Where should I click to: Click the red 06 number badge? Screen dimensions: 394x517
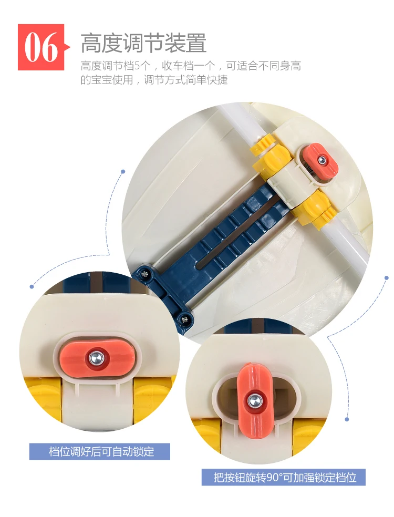(x=41, y=47)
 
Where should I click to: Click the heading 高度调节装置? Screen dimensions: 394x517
(x=144, y=43)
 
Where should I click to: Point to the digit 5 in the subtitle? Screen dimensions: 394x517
(x=137, y=66)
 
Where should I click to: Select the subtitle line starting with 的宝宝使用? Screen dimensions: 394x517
(x=154, y=80)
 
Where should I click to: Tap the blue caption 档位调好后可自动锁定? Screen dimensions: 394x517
(x=100, y=451)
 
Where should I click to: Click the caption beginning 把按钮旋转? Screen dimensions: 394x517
(x=284, y=477)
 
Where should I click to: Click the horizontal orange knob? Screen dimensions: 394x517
(x=97, y=357)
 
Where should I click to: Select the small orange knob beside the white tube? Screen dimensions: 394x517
(x=322, y=161)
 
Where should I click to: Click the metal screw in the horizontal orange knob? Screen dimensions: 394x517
(x=96, y=357)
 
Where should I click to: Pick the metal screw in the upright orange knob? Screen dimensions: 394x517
(x=254, y=400)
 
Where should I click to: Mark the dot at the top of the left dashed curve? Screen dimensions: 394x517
(x=123, y=172)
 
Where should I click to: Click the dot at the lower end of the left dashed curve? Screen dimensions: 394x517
(x=32, y=286)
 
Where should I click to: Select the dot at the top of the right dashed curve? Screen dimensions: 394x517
(x=387, y=278)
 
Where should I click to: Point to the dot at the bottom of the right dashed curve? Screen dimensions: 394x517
(x=347, y=419)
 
